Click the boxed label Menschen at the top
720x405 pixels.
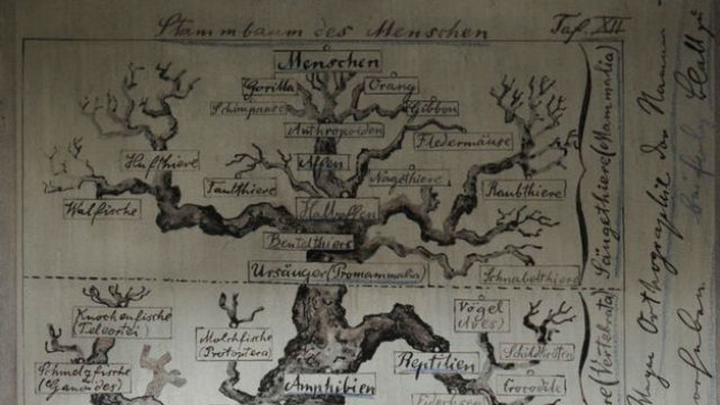pos(328,61)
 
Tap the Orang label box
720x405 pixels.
pos(391,86)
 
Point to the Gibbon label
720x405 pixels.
pos(433,108)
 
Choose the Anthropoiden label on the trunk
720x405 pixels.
pos(334,130)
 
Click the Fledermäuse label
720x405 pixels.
pos(463,141)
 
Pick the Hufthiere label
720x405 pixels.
pos(160,160)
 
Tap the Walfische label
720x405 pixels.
pos(102,209)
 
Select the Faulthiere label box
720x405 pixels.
pos(240,188)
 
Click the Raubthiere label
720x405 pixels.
pos(523,189)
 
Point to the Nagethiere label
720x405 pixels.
pos(409,178)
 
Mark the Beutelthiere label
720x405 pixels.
pos(308,241)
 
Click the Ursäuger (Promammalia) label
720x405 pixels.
pos(338,272)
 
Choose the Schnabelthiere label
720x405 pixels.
pos(529,275)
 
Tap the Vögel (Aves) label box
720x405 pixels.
pos(481,315)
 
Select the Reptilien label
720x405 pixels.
pos(436,363)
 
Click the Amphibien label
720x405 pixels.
pos(329,385)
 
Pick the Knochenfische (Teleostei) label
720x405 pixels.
pos(122,322)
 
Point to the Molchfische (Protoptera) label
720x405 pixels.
pos(234,344)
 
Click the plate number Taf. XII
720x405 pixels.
pos(589,25)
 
